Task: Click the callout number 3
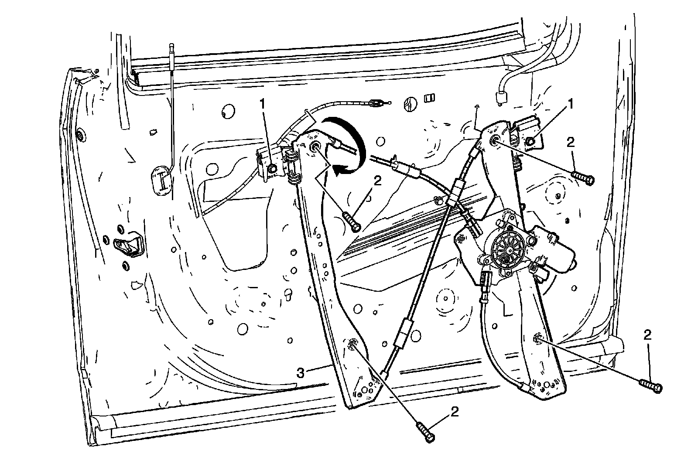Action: tap(301, 373)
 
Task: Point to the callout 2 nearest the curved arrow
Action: tap(377, 180)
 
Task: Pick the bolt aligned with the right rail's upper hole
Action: tap(582, 177)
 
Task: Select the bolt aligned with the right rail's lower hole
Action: tap(650, 385)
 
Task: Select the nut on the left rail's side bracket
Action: tap(273, 168)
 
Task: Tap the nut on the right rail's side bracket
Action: tap(531, 141)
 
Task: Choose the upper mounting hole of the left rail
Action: tap(315, 147)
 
